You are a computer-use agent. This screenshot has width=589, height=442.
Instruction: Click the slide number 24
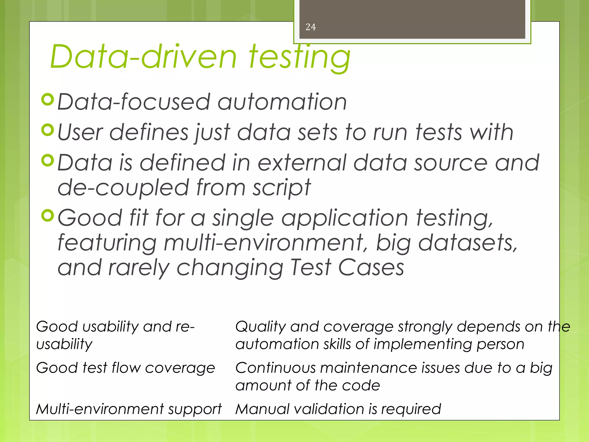point(311,27)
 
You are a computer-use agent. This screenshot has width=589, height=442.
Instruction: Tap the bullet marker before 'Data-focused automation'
point(48,100)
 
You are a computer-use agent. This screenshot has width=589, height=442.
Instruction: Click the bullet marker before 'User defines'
point(48,130)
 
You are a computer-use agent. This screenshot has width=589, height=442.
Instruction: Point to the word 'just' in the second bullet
point(213,132)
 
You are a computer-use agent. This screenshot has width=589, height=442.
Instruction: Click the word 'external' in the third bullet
point(302,163)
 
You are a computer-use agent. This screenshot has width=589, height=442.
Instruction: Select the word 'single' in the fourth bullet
point(243,218)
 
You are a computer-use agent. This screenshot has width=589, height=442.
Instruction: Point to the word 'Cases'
point(371,268)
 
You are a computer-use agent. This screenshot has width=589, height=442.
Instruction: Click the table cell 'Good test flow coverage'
point(125,368)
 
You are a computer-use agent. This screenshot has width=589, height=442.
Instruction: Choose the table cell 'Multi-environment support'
point(129,409)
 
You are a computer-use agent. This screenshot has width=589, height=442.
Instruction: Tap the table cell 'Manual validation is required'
point(338,409)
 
